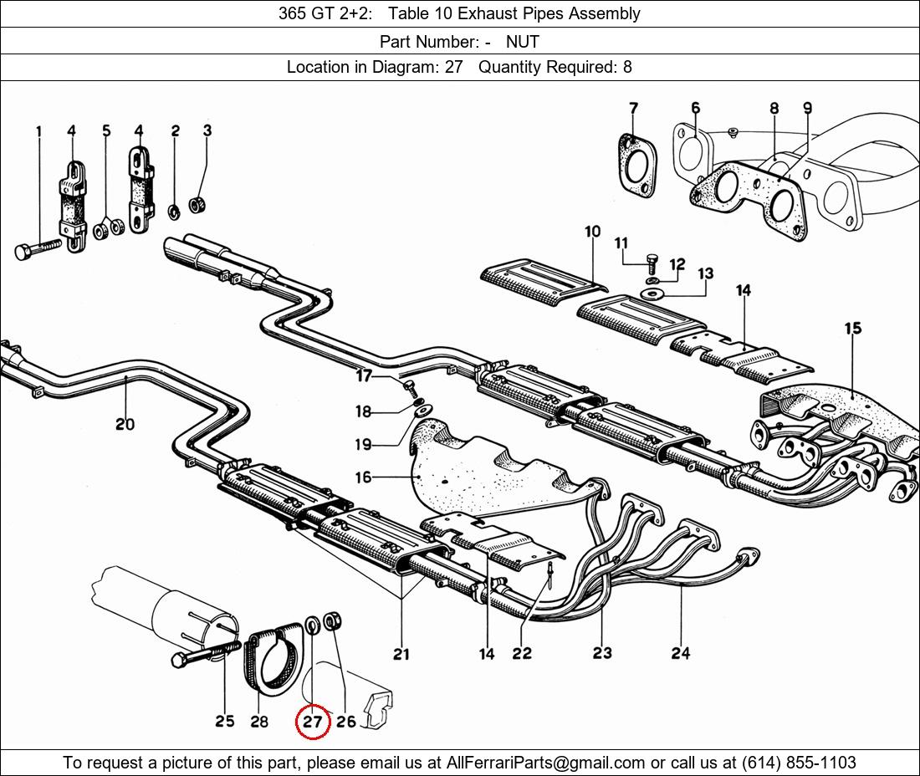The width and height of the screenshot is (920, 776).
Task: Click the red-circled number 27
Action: (313, 720)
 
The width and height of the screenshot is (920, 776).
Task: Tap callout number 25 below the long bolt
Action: (225, 721)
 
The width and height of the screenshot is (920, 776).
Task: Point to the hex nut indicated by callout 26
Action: (333, 620)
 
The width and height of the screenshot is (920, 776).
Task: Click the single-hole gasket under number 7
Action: (636, 166)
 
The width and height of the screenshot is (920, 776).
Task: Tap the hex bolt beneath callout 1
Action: (37, 248)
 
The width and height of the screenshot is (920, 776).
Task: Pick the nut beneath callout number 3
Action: (197, 206)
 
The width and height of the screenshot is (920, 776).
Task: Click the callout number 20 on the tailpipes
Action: (125, 423)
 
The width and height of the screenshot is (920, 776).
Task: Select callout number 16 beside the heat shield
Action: (363, 477)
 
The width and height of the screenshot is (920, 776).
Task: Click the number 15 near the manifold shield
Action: (853, 329)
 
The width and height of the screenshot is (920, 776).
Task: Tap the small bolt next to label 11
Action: (652, 264)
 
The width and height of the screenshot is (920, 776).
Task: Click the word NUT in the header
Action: (522, 42)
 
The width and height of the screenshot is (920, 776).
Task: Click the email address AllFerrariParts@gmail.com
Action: (545, 763)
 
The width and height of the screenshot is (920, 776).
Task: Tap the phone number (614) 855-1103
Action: (799, 763)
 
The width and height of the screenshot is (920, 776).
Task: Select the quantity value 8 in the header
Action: (627, 67)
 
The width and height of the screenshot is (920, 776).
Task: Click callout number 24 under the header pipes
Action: (681, 653)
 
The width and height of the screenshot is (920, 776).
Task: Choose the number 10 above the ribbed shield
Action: (593, 231)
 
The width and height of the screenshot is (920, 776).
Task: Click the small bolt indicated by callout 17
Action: (410, 388)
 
